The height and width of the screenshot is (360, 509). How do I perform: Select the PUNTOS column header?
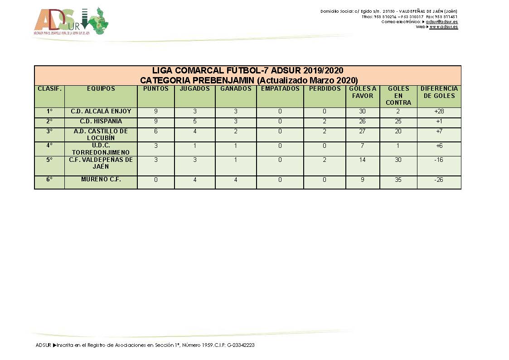pos(155,89)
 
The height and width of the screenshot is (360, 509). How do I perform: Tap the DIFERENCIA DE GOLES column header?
pos(439,92)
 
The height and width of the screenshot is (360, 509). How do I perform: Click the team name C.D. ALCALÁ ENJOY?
pos(101,112)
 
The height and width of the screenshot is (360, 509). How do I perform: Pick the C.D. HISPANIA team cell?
pos(101,122)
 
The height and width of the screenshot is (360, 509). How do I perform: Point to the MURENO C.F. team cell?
pos(101,180)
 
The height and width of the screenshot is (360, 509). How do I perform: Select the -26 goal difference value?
pos(439,180)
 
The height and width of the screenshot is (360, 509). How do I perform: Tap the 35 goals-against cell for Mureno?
pos(398,180)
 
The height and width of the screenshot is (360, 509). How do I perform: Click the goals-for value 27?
pos(362,131)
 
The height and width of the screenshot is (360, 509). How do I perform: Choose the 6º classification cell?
pos(49,180)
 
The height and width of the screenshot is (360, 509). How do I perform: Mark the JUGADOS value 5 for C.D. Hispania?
pos(194,122)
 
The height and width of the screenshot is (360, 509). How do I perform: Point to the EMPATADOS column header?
pos(280,89)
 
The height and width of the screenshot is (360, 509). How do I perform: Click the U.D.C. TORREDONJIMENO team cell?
pos(101,149)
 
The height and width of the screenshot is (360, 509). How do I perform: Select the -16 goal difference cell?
pos(439,160)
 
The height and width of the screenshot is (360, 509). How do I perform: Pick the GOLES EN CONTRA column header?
pos(398,95)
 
